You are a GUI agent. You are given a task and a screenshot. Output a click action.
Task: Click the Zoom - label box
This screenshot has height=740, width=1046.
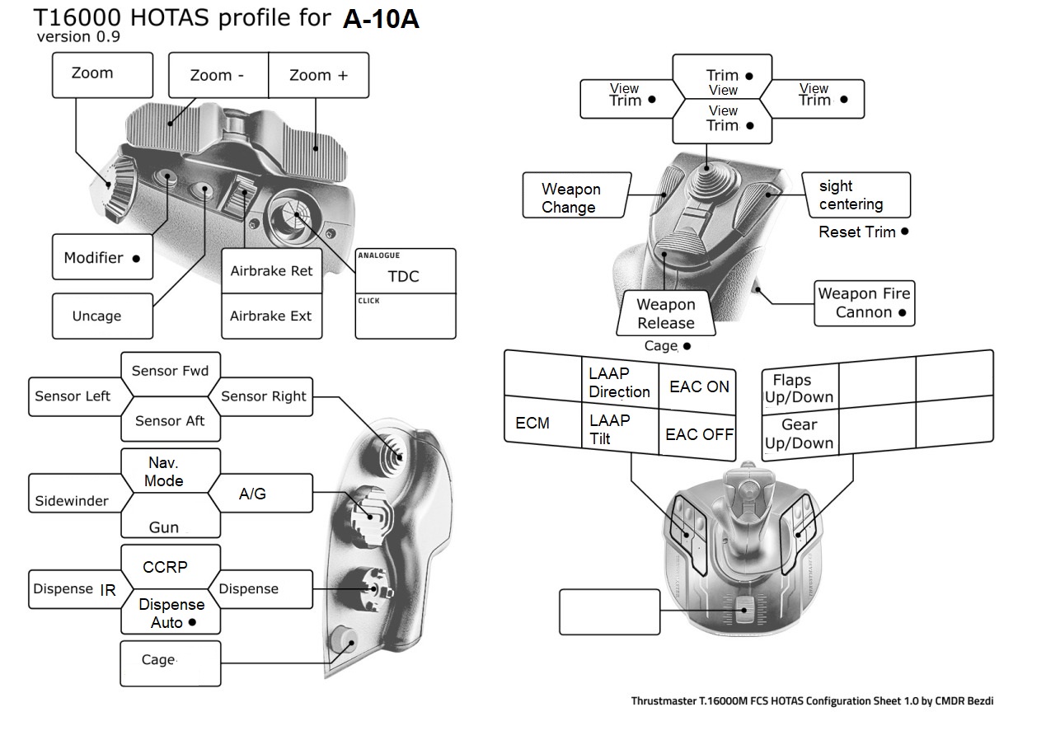(218, 76)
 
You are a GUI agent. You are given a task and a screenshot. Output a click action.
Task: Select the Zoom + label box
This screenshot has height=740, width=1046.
(318, 76)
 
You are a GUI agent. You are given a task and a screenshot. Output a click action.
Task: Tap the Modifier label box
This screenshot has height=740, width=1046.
(102, 258)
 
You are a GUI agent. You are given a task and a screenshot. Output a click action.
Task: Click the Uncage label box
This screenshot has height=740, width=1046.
(101, 316)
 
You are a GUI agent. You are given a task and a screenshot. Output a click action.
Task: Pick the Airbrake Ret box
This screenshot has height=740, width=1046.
(271, 271)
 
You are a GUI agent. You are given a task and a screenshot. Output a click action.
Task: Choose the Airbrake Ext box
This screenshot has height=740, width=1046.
(271, 316)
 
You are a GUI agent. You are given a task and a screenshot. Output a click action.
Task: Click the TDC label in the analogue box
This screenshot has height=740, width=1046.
(404, 276)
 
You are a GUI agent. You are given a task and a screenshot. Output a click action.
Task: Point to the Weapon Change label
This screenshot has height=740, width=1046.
(570, 198)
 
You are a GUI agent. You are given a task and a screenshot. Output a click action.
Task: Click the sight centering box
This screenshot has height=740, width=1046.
(856, 195)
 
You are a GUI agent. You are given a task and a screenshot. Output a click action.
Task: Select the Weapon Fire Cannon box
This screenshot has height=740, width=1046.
(863, 303)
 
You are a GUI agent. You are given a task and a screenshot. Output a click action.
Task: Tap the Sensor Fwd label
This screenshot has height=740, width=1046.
(170, 371)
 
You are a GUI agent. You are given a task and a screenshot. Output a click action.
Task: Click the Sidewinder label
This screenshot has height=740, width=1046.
(73, 500)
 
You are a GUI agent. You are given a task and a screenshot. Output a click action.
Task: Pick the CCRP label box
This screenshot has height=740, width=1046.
(166, 567)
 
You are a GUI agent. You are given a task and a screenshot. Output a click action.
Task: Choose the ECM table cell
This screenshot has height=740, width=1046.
(533, 423)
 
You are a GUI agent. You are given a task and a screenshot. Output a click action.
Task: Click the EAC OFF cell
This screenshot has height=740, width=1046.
(699, 434)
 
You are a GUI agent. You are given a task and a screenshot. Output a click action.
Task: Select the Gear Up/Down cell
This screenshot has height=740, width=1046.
(800, 434)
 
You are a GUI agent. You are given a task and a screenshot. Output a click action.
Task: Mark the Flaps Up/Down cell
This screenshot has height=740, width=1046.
(799, 388)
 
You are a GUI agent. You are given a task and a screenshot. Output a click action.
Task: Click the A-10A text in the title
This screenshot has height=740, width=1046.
(381, 20)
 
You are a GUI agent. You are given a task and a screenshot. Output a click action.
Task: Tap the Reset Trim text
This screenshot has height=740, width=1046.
(857, 232)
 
